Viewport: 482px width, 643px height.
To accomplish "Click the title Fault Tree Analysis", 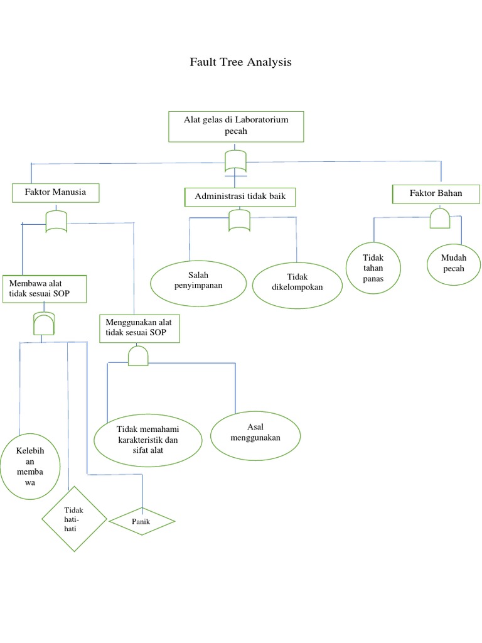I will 241,63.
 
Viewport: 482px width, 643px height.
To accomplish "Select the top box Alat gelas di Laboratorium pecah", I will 236,126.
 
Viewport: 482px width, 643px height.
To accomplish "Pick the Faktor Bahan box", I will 436,193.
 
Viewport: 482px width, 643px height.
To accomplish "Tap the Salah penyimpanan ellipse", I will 198,281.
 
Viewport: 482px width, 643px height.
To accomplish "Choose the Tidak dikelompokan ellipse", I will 297,283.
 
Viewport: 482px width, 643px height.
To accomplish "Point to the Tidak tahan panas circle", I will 373,268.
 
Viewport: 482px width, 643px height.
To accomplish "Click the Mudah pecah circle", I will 453,264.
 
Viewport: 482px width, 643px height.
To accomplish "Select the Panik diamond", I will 142,521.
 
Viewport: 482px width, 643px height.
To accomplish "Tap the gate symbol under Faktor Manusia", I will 56,221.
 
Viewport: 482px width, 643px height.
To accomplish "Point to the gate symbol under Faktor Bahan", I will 439,219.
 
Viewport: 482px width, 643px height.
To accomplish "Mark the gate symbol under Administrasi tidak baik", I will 239,220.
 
